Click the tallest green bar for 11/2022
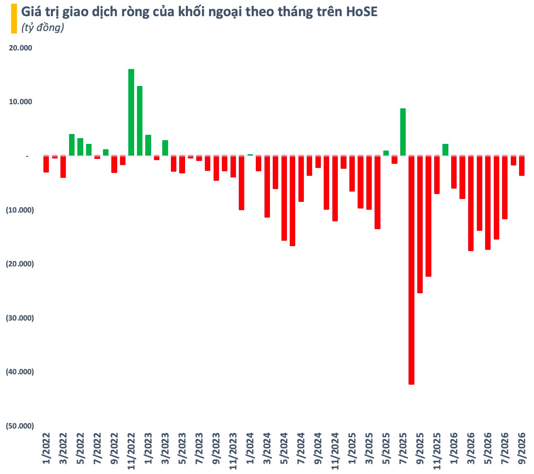131,113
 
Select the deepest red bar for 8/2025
411,270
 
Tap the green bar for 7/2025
403,132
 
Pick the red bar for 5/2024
284,198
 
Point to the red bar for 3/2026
471,203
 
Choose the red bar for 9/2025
420,224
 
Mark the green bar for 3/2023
165,148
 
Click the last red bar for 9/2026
522,165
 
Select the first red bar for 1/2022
46,164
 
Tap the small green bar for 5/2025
386,153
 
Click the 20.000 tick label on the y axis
20,48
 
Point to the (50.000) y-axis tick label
20,426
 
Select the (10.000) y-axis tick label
20,210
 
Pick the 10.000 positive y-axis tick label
20,102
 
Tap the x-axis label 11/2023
233,451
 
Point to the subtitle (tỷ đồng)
43,27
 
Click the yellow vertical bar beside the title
14,19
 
